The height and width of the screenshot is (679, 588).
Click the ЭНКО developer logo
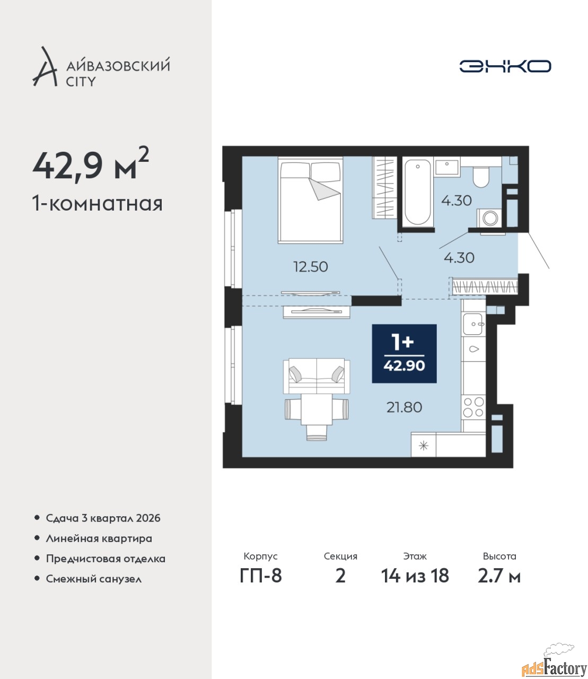[505, 66]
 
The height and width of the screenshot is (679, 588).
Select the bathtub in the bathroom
[417, 193]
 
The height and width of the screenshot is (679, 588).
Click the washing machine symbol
[489, 218]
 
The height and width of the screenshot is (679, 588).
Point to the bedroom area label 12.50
[310, 267]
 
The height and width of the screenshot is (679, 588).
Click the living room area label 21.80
[404, 407]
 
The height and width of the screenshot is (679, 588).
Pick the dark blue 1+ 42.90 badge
[404, 353]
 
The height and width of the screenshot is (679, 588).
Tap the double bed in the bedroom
[310, 200]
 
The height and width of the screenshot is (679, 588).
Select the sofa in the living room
[317, 376]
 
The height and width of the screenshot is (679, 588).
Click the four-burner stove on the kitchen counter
[473, 407]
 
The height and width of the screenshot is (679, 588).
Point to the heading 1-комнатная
[98, 204]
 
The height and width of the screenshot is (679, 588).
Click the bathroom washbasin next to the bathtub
[447, 168]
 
